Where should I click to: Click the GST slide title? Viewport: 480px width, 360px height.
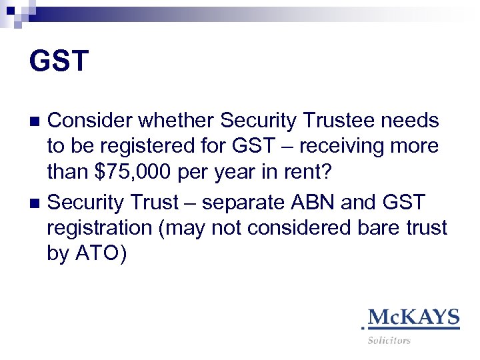(59, 61)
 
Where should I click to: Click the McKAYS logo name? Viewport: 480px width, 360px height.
(414, 317)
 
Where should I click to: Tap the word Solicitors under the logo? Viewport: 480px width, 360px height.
(389, 341)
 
